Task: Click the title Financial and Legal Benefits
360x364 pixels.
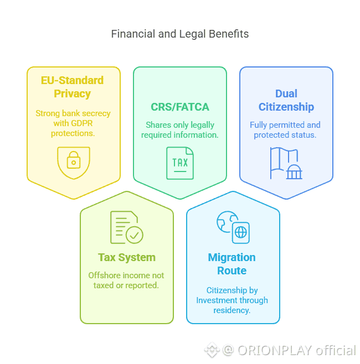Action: (x=180, y=34)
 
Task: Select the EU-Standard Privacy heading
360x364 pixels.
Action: (x=72, y=87)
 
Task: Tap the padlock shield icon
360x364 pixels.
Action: (x=73, y=162)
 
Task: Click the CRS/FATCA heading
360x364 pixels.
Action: (x=180, y=107)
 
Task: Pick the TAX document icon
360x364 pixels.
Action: (x=180, y=163)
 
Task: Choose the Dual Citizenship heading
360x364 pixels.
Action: (x=286, y=100)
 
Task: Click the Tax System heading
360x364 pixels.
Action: (x=127, y=257)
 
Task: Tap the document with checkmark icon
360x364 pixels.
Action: (x=126, y=227)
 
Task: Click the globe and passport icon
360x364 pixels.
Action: (x=233, y=227)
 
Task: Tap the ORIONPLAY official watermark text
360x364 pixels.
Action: (x=296, y=350)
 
